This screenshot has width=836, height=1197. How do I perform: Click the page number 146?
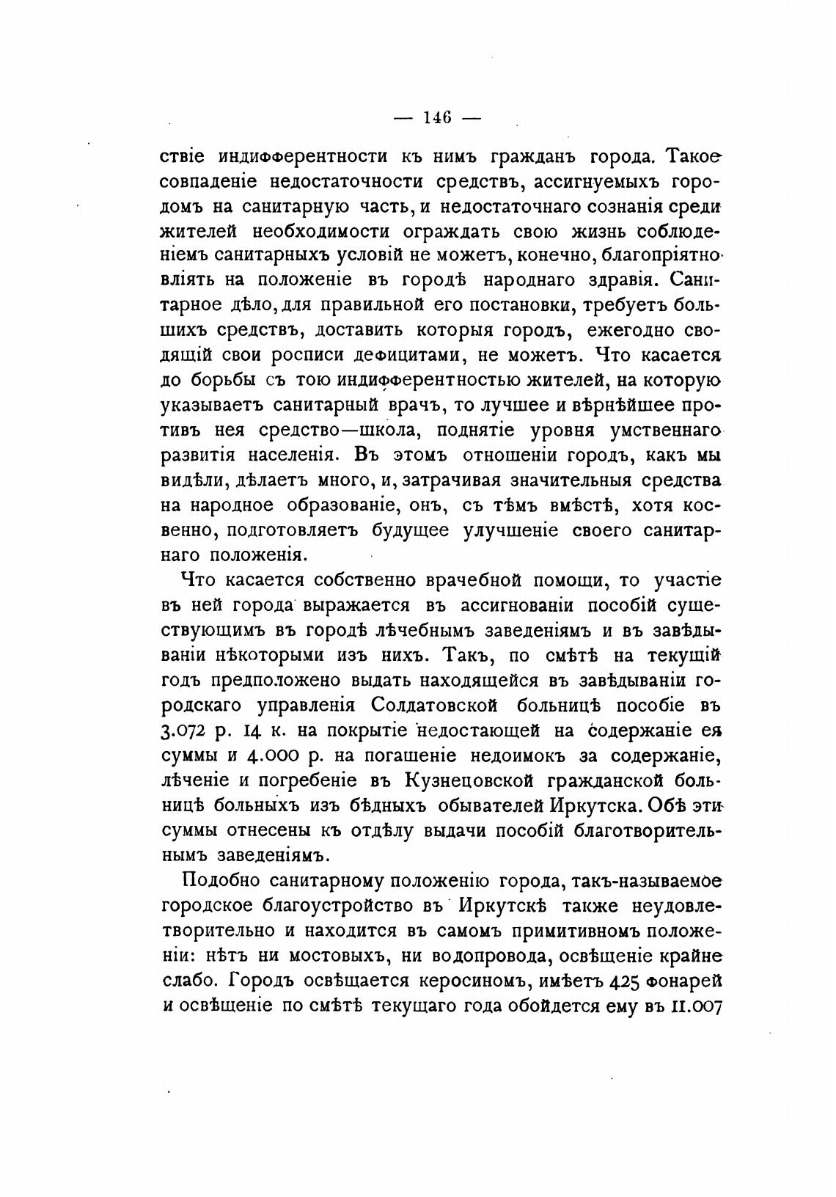click(436, 117)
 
